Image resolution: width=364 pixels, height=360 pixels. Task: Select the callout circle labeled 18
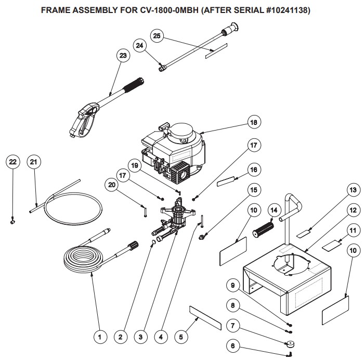tap(253, 123)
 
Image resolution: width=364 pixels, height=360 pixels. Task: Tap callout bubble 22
tap(13, 162)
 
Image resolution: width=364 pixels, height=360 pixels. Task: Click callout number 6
tap(232, 344)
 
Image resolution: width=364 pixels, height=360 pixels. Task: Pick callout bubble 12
tap(353, 210)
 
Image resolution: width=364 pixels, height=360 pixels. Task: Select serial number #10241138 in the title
tap(279, 10)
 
